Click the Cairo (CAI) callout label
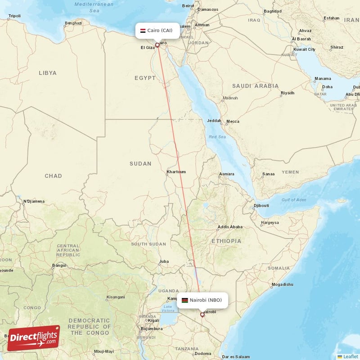(x=157, y=31)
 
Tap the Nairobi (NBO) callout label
(x=202, y=300)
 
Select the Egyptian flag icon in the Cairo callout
(x=143, y=31)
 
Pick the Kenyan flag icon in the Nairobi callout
(x=184, y=300)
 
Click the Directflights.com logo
(x=33, y=338)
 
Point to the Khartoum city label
(x=176, y=172)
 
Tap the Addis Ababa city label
(x=230, y=227)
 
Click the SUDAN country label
(x=140, y=164)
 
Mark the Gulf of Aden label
(x=293, y=200)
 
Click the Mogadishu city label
(x=282, y=284)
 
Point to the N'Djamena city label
(x=34, y=201)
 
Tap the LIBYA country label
(x=48, y=73)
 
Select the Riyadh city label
(x=288, y=93)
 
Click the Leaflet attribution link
(x=350, y=356)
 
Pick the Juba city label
(x=164, y=261)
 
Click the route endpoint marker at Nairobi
(x=202, y=315)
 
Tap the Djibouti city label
(x=261, y=205)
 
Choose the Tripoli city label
(x=14, y=17)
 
